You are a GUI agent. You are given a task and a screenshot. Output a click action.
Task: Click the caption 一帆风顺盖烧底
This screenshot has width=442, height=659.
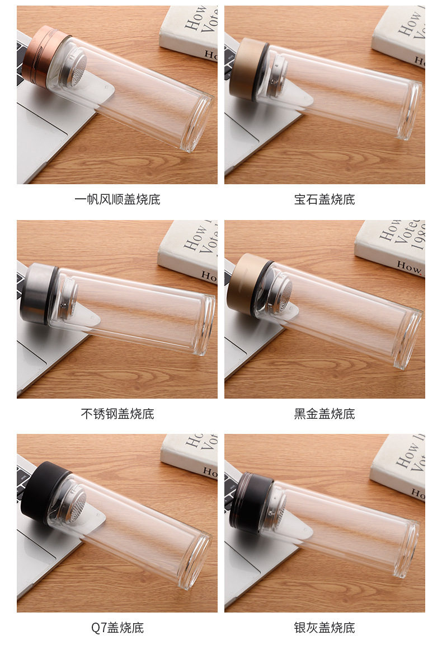pos(117,200)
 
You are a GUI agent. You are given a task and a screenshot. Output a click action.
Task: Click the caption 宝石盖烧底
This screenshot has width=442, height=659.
pos(325,200)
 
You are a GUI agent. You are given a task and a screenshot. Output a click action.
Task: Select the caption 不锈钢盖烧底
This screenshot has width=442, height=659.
pos(117,414)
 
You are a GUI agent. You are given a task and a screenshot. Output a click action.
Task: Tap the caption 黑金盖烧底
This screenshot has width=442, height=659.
pos(325,414)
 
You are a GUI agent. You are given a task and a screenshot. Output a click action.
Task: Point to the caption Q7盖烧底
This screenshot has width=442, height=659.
pos(117,628)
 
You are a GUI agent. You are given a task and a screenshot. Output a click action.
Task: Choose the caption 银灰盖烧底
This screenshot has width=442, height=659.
pos(325,628)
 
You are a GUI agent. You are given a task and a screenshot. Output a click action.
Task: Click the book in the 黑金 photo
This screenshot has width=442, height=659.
pos(392,246)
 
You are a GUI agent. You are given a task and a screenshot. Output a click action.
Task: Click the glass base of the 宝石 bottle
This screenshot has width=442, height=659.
pos(412,109)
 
